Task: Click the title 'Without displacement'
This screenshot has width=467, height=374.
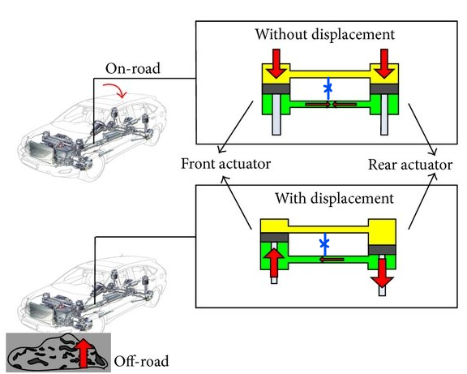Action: pos(325,34)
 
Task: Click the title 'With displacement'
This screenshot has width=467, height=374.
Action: pos(334,198)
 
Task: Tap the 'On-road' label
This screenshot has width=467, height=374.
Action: pos(133,68)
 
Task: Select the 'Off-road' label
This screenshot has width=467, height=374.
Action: pos(141,361)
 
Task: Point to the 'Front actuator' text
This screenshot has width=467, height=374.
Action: pos(225,164)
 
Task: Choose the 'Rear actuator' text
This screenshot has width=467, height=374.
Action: pos(410,165)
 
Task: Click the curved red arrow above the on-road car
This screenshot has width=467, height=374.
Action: pos(116,89)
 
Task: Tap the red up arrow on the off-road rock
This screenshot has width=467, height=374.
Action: pos(84,353)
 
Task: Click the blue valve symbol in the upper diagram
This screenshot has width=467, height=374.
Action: pos(328,88)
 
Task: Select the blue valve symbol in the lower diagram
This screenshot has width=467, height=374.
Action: pos(324,244)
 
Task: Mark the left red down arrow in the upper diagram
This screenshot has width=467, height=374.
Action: pos(276,63)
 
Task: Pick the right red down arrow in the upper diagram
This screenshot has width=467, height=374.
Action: pos(384,63)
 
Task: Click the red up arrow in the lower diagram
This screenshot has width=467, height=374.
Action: pos(274,262)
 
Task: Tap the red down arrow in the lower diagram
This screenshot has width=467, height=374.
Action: pos(382,273)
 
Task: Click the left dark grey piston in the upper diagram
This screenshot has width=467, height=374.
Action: pos(276,88)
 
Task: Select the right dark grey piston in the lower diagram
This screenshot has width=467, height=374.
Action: pos(382,250)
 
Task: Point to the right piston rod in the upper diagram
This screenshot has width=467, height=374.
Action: pos(384,114)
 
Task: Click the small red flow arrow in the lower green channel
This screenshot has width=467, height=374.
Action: pos(332,260)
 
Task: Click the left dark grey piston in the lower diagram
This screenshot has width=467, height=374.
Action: pos(274,238)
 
